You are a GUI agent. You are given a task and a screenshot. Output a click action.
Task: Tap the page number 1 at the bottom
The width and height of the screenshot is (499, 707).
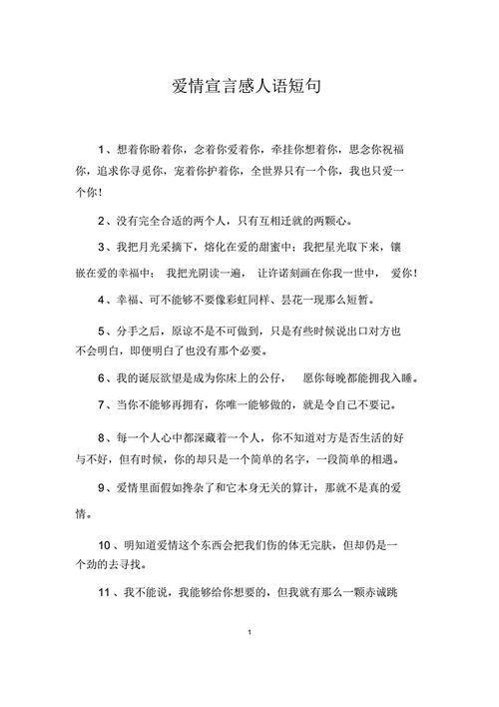pyautogui.click(x=249, y=633)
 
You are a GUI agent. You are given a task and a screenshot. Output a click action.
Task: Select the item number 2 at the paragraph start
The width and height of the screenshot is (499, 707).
pyautogui.click(x=103, y=220)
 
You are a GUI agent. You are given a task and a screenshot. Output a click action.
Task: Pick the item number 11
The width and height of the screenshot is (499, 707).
pyautogui.click(x=107, y=592)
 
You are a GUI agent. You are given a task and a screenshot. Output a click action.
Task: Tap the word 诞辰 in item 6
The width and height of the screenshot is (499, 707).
pyautogui.click(x=149, y=378)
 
